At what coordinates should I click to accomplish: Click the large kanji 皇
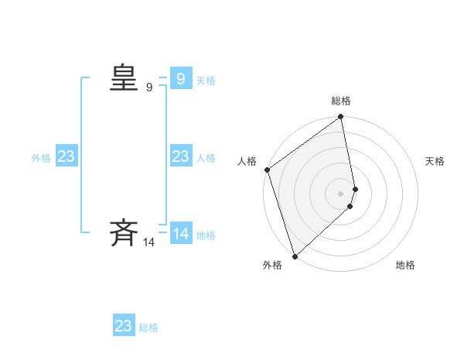pos(124,78)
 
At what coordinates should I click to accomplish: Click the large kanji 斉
pos(124,232)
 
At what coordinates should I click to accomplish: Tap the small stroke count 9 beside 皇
pos(149,88)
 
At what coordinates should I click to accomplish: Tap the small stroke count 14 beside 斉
pos(149,242)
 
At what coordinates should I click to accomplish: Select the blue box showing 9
pos(180,79)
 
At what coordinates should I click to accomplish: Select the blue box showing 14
pos(180,234)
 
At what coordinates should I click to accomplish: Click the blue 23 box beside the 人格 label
pos(180,157)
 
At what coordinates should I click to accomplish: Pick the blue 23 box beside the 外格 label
pos(67,157)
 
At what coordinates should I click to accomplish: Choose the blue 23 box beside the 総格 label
pos(123,326)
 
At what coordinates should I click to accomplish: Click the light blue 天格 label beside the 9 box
pos(206,81)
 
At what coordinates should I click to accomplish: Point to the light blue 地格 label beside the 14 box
pos(206,235)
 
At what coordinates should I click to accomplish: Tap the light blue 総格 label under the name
pos(148,328)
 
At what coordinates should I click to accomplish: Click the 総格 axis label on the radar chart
pos(341,101)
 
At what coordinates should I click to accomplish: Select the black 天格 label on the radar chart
pos(435,161)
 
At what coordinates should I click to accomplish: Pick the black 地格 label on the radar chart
pos(405,265)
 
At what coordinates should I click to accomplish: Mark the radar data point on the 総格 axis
pos(341,118)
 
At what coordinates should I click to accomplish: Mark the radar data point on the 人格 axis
pos(267,170)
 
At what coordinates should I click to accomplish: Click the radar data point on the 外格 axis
pos(295,256)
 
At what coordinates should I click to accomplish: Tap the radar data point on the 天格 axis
pos(356,189)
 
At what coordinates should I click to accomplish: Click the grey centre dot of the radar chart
pos(341,194)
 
